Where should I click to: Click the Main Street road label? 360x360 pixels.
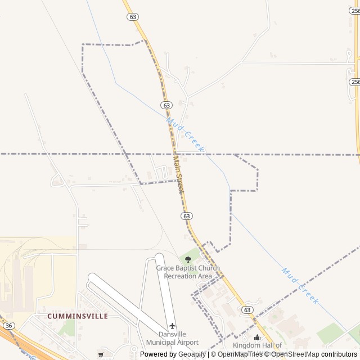[178, 174]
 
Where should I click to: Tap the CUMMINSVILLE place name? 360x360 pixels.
[78, 316]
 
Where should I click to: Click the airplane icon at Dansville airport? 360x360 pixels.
[172, 326]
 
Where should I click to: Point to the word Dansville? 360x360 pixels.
[172, 334]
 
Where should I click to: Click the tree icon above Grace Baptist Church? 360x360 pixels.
[188, 259]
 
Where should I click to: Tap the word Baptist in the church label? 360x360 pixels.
[190, 268]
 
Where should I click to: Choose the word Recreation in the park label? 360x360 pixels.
[180, 276]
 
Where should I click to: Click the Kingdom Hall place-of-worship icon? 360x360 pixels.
[257, 337]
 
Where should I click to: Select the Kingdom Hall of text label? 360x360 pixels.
[257, 345]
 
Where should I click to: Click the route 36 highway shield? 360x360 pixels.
[8, 326]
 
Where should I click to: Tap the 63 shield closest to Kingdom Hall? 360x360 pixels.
[247, 310]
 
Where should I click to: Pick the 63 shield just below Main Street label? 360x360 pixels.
[187, 216]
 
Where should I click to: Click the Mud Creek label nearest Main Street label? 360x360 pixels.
[185, 136]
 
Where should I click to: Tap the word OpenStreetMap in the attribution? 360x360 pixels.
[295, 354]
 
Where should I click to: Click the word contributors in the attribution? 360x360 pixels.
[339, 354]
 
